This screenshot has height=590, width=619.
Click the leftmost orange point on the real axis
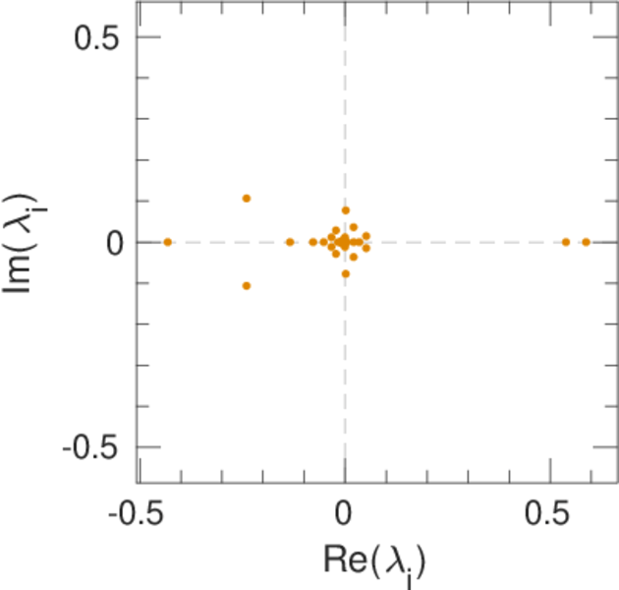click(168, 242)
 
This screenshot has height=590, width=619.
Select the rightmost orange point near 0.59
click(587, 242)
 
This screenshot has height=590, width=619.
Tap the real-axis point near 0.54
click(566, 242)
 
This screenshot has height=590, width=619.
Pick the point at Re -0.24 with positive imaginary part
click(247, 199)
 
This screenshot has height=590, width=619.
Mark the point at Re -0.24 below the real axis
click(247, 286)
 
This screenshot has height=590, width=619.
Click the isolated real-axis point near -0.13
click(290, 242)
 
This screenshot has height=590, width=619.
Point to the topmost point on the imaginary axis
click(346, 210)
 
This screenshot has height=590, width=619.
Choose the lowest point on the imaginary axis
click(346, 273)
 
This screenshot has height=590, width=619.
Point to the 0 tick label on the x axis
click(345, 514)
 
